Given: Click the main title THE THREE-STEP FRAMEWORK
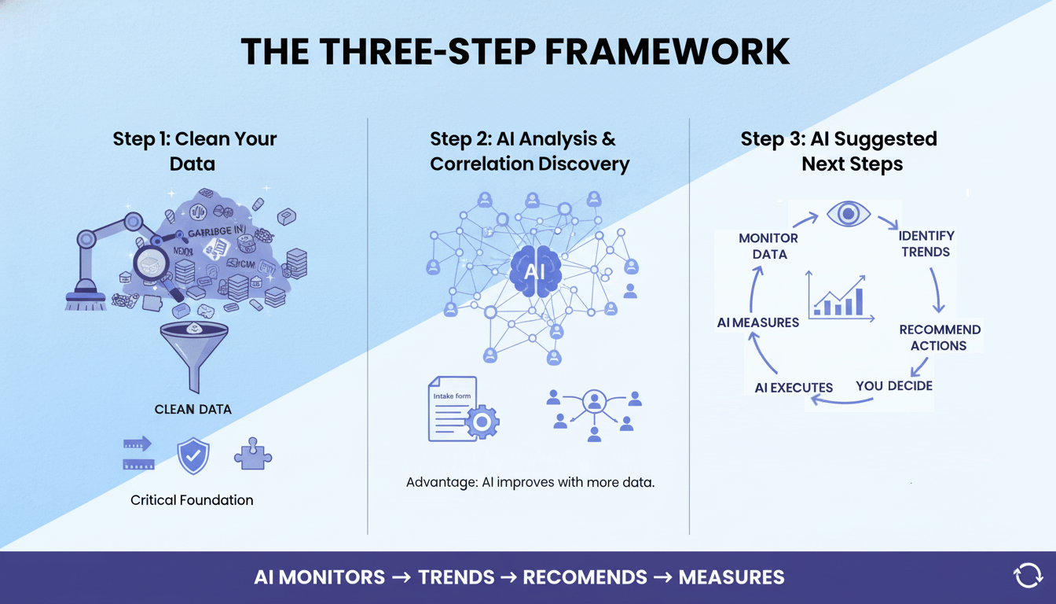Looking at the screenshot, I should (x=515, y=52).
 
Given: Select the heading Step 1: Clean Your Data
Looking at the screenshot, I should (x=194, y=151).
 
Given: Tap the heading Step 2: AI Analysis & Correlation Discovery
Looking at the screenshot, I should (x=529, y=151).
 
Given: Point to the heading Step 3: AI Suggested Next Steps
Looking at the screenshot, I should (x=838, y=151).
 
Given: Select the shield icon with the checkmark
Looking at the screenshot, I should (x=193, y=456).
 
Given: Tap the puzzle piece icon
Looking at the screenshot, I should (x=253, y=454).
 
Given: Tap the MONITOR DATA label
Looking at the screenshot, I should (x=768, y=245).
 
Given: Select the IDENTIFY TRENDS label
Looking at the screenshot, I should (x=925, y=244).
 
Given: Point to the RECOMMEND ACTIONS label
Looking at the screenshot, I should (x=939, y=337).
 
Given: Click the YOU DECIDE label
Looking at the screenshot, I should (x=894, y=385).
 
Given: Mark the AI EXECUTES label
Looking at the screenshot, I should (x=793, y=387).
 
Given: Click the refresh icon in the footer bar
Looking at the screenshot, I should (x=1028, y=576).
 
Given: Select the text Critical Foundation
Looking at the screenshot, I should (x=192, y=500).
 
